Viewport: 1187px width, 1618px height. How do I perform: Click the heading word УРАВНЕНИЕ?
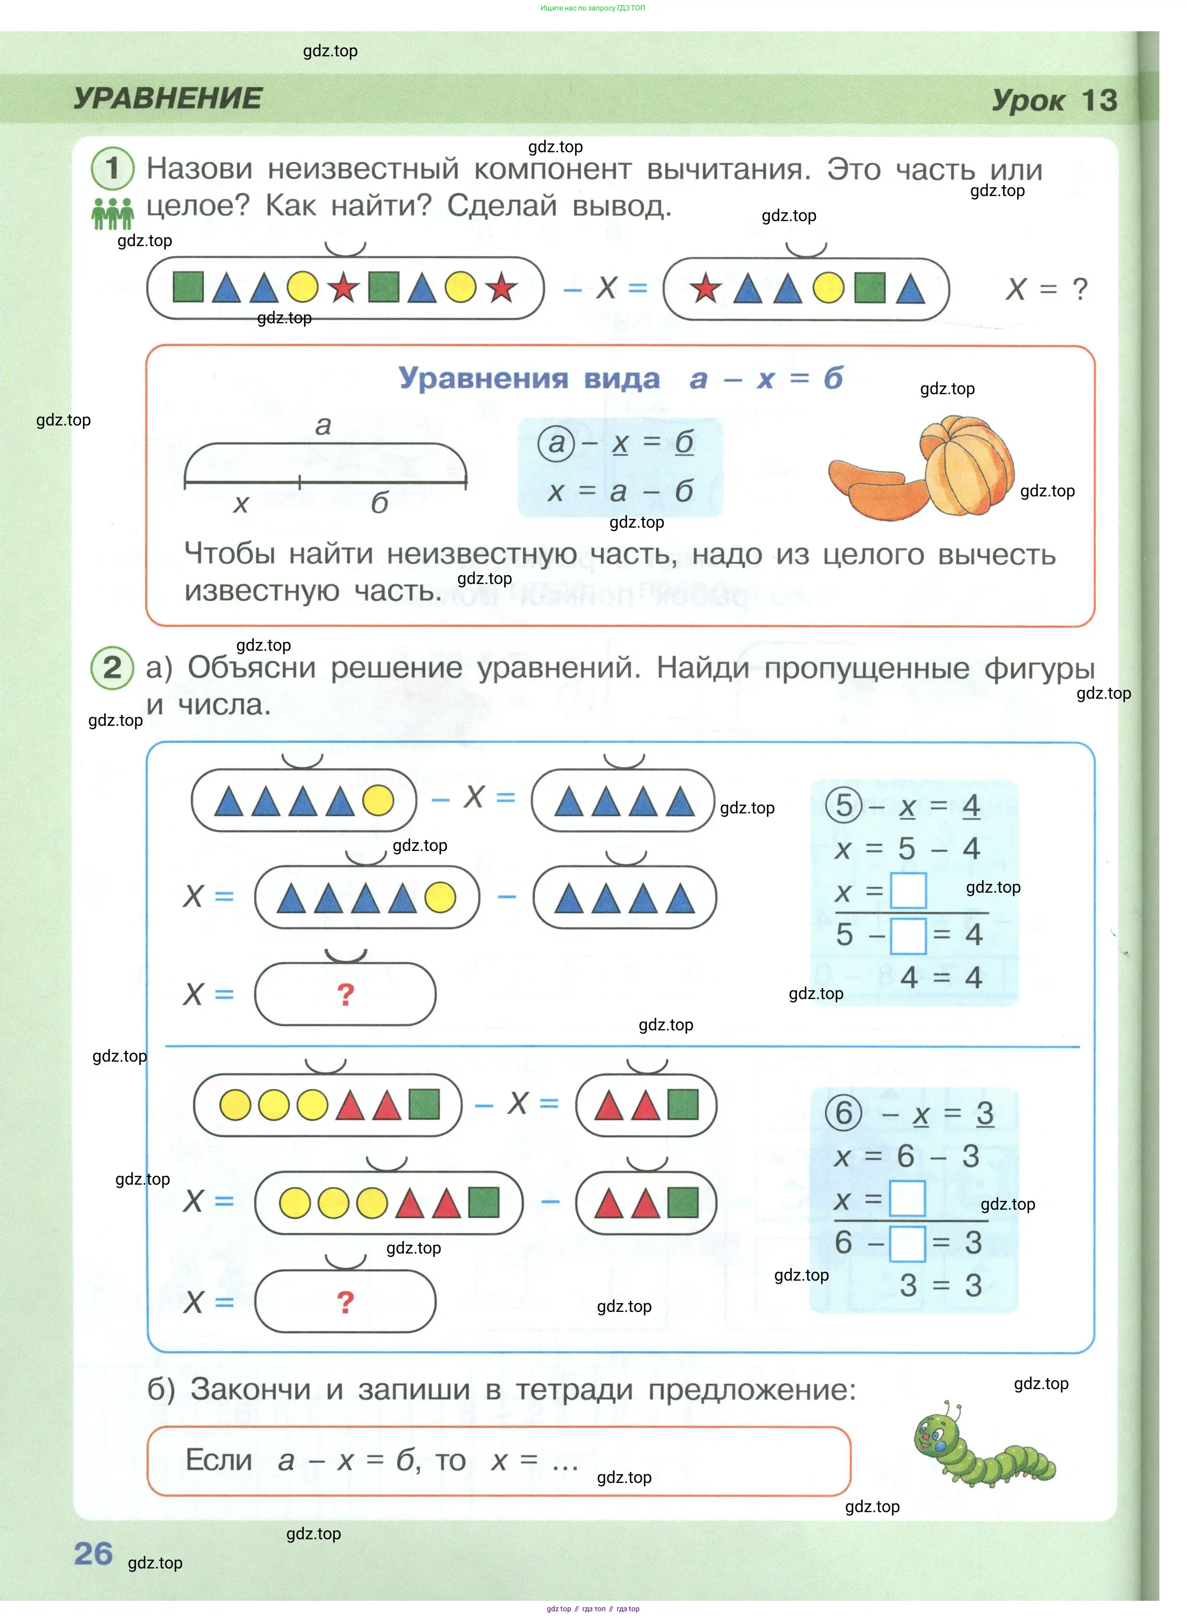pyautogui.click(x=168, y=99)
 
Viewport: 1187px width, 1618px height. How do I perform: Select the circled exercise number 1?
pyautogui.click(x=112, y=168)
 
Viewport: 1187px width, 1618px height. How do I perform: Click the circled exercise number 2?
pyautogui.click(x=112, y=668)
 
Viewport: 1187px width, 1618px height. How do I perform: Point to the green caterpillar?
pyautogui.click(x=984, y=1443)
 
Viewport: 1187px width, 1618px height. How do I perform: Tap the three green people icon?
pyautogui.click(x=112, y=213)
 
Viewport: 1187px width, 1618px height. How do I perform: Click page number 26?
pyautogui.click(x=93, y=1553)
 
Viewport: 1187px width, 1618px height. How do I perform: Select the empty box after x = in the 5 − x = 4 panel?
pyautogui.click(x=908, y=891)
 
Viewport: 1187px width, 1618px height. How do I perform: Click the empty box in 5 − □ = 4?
pyautogui.click(x=908, y=935)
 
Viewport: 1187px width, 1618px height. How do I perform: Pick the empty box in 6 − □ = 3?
pyautogui.click(x=908, y=1243)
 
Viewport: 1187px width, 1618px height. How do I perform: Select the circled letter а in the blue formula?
pyautogui.click(x=556, y=443)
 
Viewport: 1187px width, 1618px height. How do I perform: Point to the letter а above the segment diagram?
pyautogui.click(x=323, y=425)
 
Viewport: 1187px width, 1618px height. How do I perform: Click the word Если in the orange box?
pyautogui.click(x=219, y=1460)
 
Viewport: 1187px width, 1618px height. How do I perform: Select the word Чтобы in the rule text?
pyautogui.click(x=230, y=554)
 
